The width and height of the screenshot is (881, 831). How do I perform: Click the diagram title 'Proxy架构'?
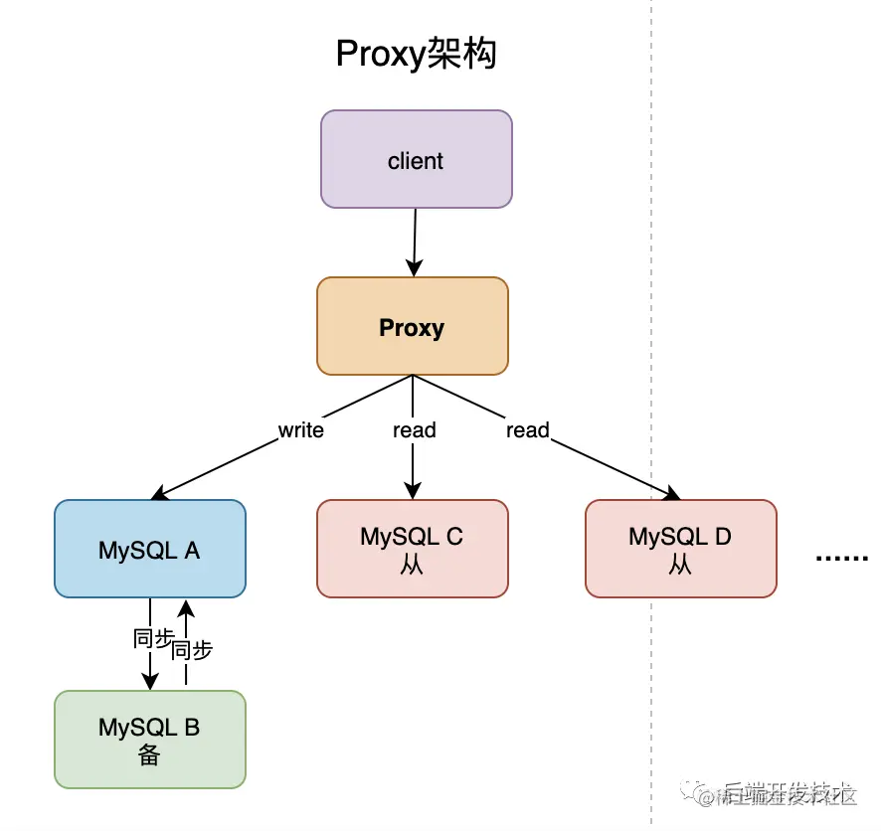pyautogui.click(x=416, y=55)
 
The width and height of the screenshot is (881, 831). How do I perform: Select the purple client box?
pyautogui.click(x=416, y=160)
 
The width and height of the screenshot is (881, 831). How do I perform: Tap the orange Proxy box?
pyautogui.click(x=412, y=327)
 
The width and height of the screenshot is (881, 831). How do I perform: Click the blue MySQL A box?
pyautogui.click(x=149, y=549)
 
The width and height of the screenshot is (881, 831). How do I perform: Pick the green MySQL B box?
pyautogui.click(x=149, y=740)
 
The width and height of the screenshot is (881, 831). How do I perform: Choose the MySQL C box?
pyautogui.click(x=412, y=549)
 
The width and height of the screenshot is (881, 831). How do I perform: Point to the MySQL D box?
pyautogui.click(x=680, y=549)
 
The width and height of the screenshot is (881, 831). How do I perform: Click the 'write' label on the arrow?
pyautogui.click(x=300, y=430)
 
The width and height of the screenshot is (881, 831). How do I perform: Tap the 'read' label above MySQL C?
pyautogui.click(x=414, y=430)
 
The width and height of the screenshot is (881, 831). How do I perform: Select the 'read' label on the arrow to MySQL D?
pyautogui.click(x=527, y=430)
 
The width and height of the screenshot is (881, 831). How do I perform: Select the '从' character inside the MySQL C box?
pyautogui.click(x=412, y=565)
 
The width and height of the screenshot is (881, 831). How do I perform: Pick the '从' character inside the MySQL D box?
pyautogui.click(x=680, y=565)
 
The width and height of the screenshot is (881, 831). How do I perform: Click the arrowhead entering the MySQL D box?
pyautogui.click(x=672, y=494)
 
